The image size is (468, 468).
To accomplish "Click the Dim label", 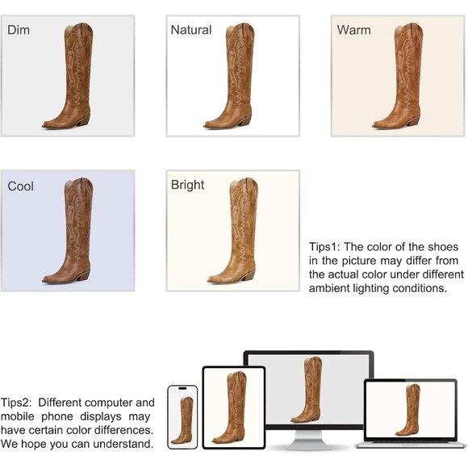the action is click(19, 30).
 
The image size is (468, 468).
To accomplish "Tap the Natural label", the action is click(191, 30).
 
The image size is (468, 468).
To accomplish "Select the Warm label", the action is click(353, 30).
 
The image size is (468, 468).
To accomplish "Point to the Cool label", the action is click(21, 186).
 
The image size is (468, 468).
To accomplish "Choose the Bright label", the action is click(187, 186).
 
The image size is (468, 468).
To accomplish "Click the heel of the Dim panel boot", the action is click(84, 120).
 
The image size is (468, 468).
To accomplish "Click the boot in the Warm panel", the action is click(398, 76).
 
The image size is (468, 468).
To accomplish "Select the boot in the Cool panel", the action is click(68, 231).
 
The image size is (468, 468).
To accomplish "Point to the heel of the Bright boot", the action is click(249, 275).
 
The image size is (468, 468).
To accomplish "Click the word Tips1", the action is click(324, 247).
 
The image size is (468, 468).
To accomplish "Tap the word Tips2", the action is click(16, 403).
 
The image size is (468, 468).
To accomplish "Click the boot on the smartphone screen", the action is click(182, 420).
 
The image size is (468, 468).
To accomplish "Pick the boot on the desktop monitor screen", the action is click(307, 390).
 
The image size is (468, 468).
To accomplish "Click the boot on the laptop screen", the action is click(407, 410).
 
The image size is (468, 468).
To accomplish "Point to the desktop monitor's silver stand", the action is click(308, 440).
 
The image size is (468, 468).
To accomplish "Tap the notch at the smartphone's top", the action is click(182, 388).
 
